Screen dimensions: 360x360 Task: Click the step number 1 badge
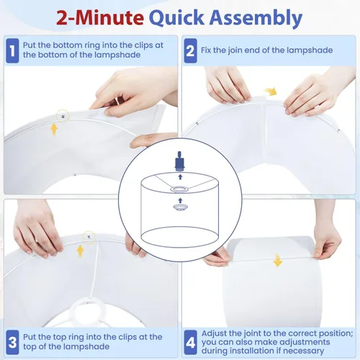(x=12, y=50)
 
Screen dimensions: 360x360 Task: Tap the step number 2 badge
(x=190, y=50)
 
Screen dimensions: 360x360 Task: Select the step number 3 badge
(x=12, y=342)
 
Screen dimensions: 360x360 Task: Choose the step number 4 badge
(x=190, y=342)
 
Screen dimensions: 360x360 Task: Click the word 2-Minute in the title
(x=100, y=18)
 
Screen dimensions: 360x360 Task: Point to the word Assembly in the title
(x=256, y=19)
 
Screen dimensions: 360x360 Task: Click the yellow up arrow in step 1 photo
(x=54, y=130)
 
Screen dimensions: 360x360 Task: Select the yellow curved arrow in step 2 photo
(x=271, y=91)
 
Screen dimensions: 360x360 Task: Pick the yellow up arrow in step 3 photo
(x=80, y=251)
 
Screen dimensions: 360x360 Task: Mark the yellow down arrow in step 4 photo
(x=278, y=260)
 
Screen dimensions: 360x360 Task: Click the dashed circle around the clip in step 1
(x=63, y=116)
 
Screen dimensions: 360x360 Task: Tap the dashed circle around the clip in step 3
(x=89, y=238)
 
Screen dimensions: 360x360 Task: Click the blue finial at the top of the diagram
(x=179, y=161)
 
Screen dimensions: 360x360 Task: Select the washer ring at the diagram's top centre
(x=179, y=189)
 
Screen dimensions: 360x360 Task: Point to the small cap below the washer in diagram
(x=180, y=207)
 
